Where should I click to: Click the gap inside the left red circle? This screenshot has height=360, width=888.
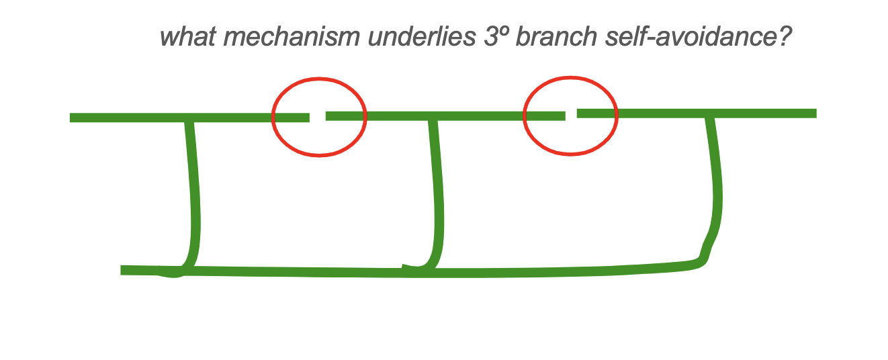click(318, 117)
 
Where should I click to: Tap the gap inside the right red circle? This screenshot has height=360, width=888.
click(571, 115)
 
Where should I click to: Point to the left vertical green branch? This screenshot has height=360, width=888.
click(194, 195)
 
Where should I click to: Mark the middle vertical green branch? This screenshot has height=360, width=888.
click(437, 195)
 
